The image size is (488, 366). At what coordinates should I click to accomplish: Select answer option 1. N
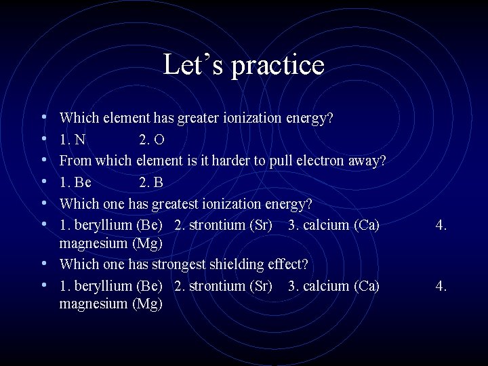click(73, 140)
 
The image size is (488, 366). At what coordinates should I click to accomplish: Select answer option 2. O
click(151, 140)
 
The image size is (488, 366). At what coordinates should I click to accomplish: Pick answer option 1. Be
click(75, 182)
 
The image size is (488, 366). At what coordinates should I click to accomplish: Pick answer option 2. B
click(150, 182)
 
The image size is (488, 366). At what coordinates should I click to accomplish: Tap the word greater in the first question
click(198, 119)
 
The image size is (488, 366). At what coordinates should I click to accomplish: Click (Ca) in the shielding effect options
click(367, 285)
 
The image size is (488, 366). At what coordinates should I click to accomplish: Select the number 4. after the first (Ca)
click(441, 225)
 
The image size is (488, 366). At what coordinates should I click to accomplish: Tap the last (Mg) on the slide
click(148, 304)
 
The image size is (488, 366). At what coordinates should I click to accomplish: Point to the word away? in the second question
click(371, 161)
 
